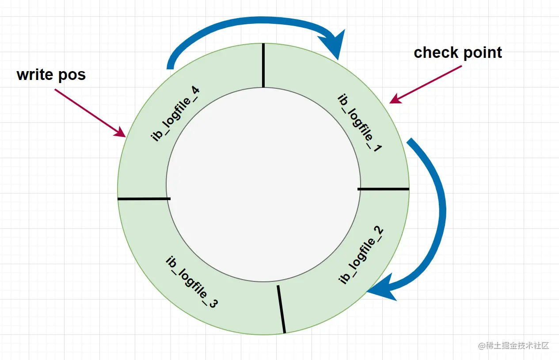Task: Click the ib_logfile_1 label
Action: pos(359,123)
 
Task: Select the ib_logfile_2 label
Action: pos(361,256)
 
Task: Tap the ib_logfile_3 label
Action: pos(191,282)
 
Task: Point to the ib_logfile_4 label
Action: pos(175,114)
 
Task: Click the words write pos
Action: pos(51,75)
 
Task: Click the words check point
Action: pos(458,53)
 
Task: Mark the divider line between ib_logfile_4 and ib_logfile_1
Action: pos(263,65)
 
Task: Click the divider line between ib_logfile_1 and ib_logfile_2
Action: pos(383,189)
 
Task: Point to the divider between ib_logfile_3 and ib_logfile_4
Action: pos(144,199)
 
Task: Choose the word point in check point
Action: pos(480,53)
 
